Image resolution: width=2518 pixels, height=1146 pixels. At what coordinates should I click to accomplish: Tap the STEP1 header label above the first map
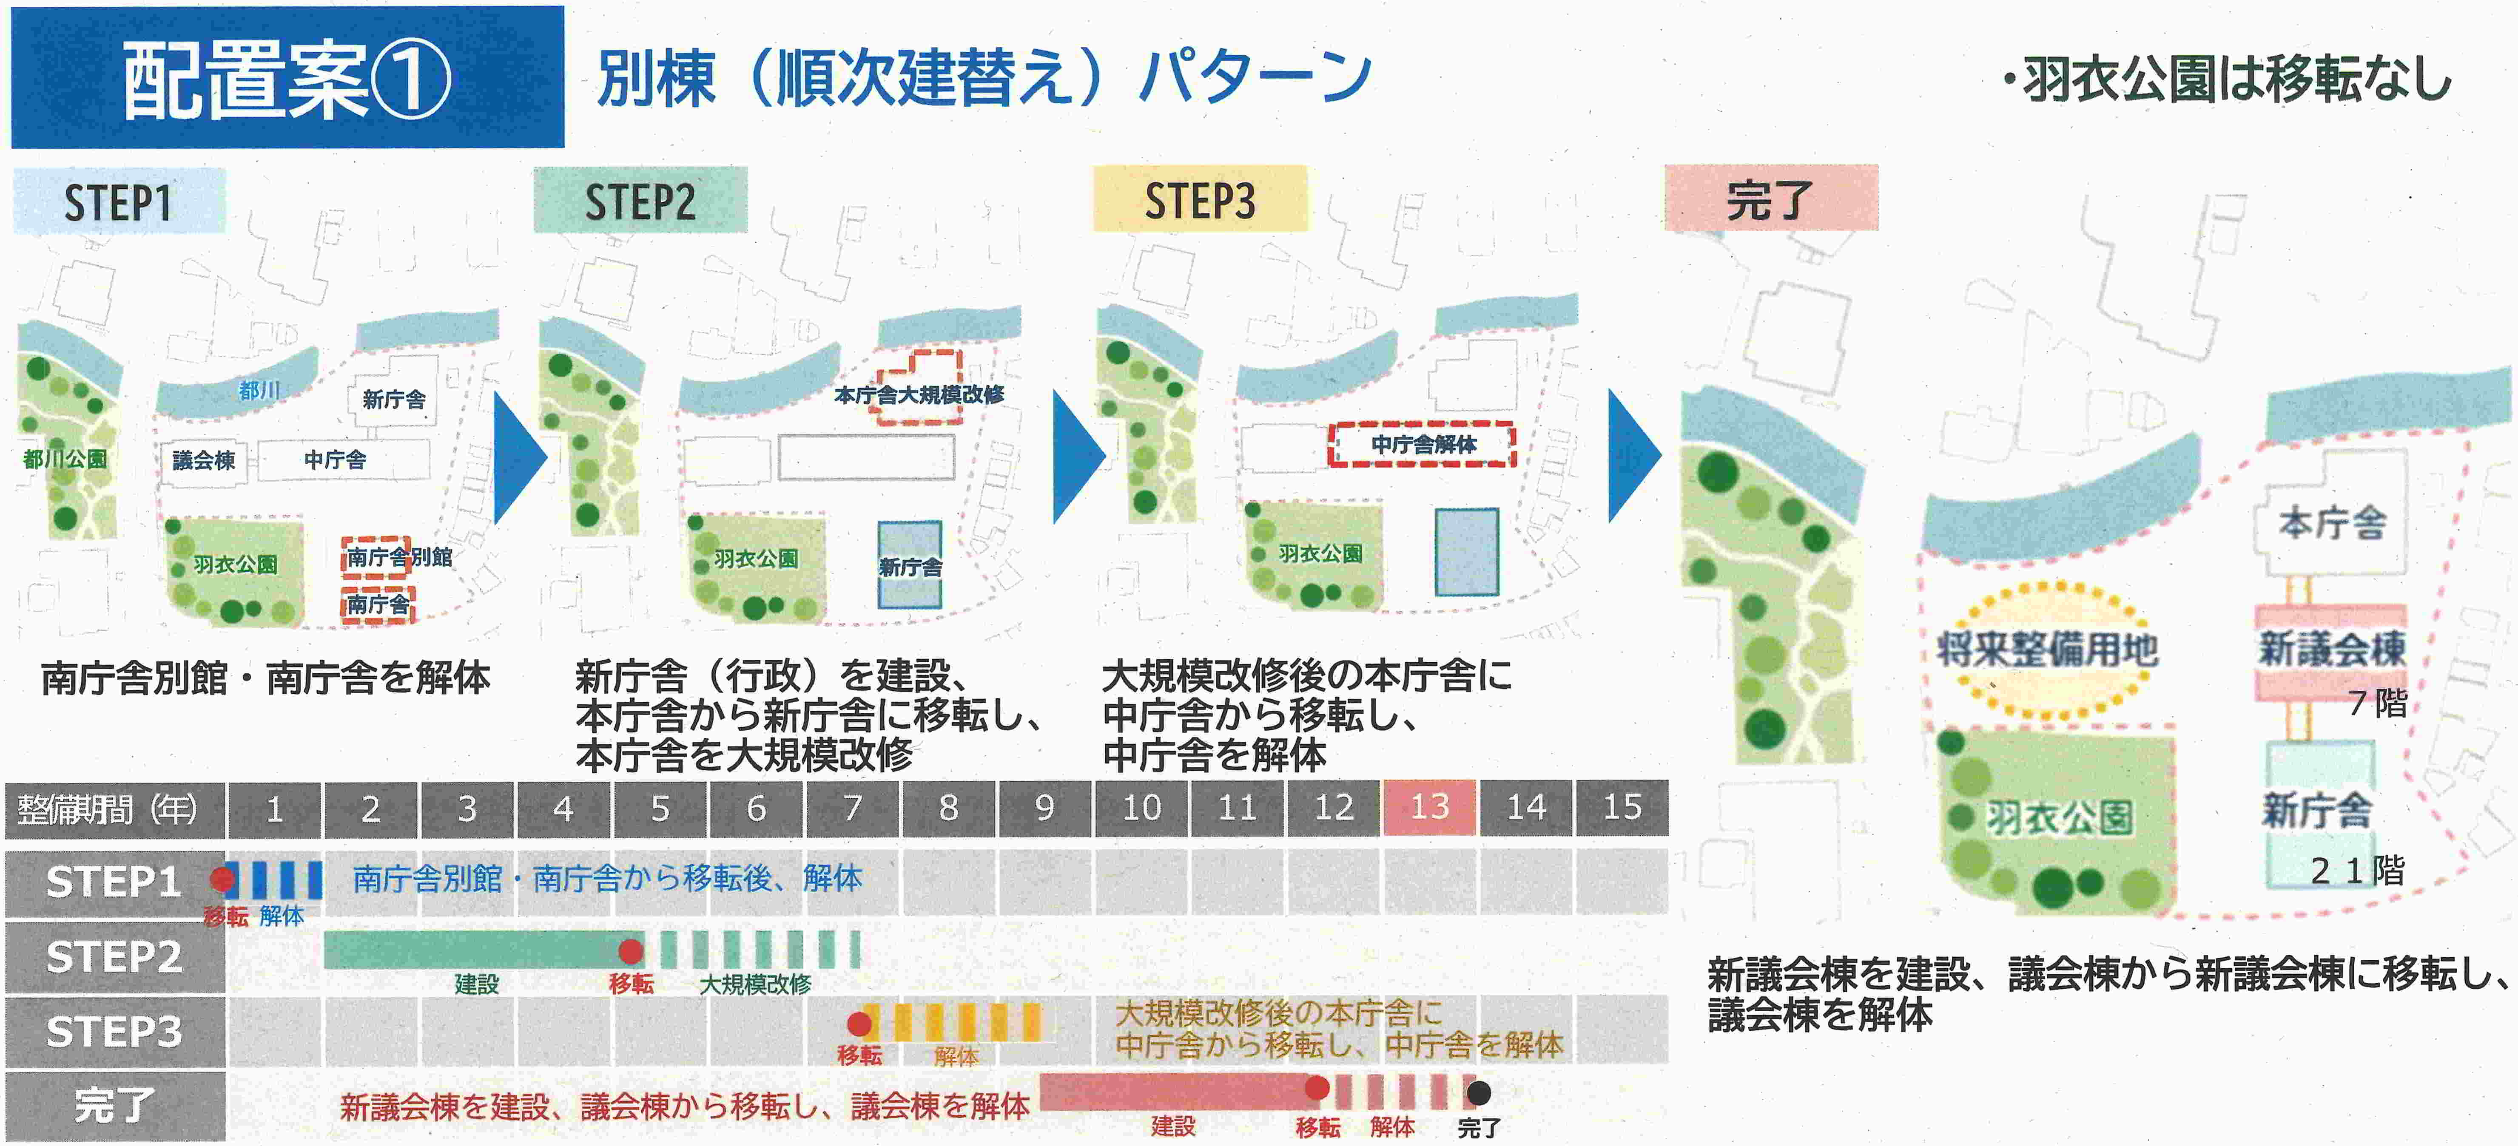[118, 201]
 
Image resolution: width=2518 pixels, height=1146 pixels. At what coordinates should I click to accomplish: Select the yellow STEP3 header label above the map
[1199, 200]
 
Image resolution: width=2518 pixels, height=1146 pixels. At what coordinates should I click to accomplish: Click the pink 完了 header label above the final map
[1770, 199]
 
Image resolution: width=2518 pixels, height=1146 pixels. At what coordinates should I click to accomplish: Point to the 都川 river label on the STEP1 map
[259, 391]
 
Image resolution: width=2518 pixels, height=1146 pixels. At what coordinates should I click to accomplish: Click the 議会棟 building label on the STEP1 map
[203, 460]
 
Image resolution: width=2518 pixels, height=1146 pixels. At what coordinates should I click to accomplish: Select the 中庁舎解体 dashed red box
[1422, 445]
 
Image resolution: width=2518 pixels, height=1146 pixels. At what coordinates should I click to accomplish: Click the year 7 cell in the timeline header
[852, 808]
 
